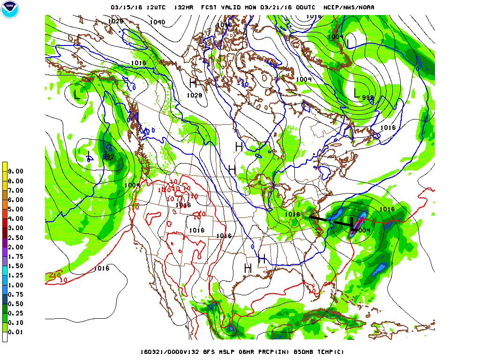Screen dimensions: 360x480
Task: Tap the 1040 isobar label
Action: tap(157, 22)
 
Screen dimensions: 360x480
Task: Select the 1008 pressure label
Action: tap(183, 205)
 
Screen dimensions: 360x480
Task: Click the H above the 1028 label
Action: tap(193, 83)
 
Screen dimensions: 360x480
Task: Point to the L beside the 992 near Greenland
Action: tap(357, 93)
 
